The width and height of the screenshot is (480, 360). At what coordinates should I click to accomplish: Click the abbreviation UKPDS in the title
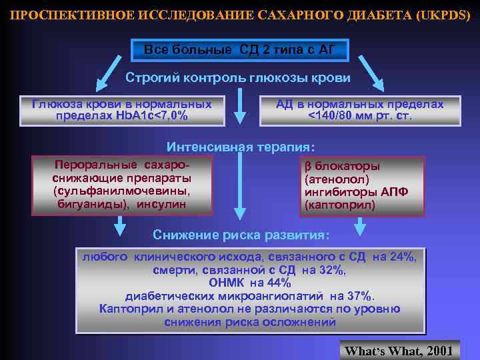(443, 15)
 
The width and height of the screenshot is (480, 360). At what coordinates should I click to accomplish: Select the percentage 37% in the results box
(360, 295)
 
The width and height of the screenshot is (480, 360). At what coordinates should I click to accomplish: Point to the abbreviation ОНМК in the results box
(227, 282)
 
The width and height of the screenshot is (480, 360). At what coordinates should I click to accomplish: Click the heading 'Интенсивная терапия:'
(240, 147)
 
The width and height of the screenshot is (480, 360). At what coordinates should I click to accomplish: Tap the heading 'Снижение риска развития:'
(240, 235)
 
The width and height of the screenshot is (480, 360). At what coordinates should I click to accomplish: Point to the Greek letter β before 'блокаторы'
(308, 166)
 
